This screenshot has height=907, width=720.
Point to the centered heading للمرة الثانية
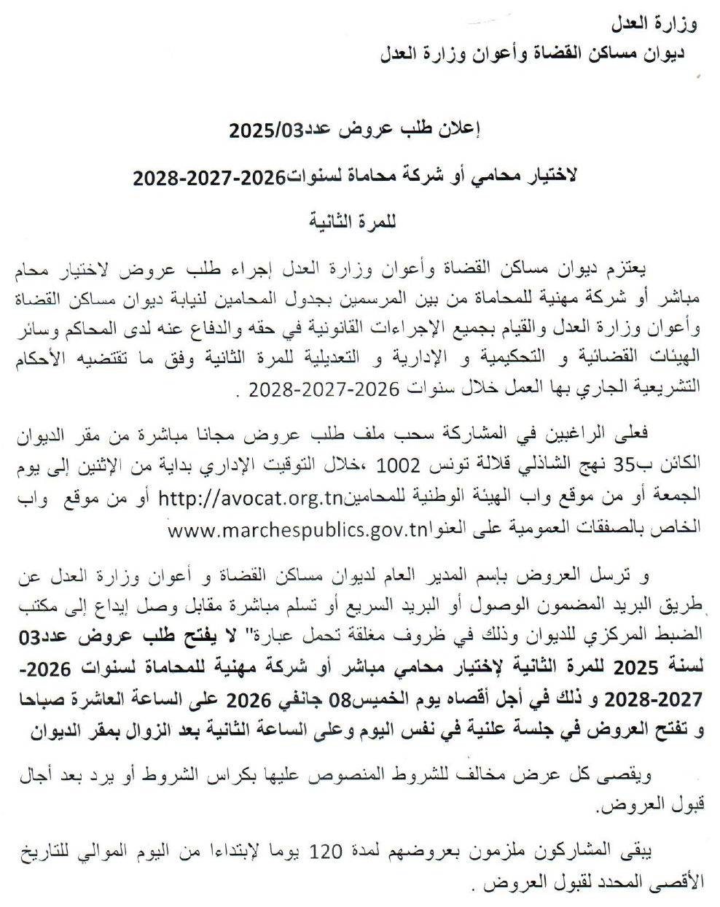click(352, 220)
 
